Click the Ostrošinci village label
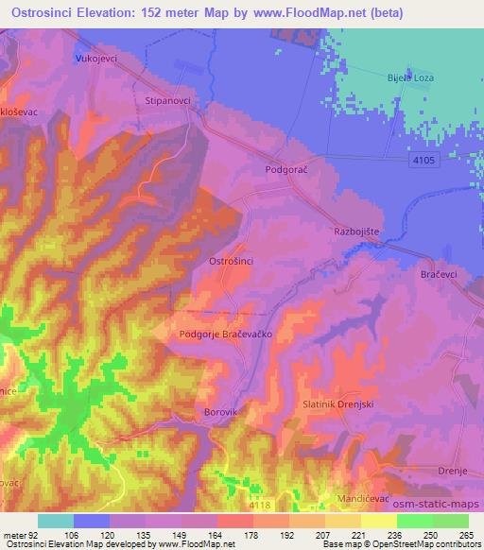coord(230,260)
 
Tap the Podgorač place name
coord(287,170)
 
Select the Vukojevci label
coord(94,59)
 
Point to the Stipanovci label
coord(168,98)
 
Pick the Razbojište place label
coord(357,231)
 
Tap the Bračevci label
coord(440,274)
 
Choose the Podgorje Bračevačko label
coord(219,335)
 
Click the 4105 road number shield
coord(424,163)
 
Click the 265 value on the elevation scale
coord(463,536)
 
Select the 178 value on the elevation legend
coord(235,536)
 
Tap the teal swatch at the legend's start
coord(55,521)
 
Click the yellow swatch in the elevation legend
coord(378,521)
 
